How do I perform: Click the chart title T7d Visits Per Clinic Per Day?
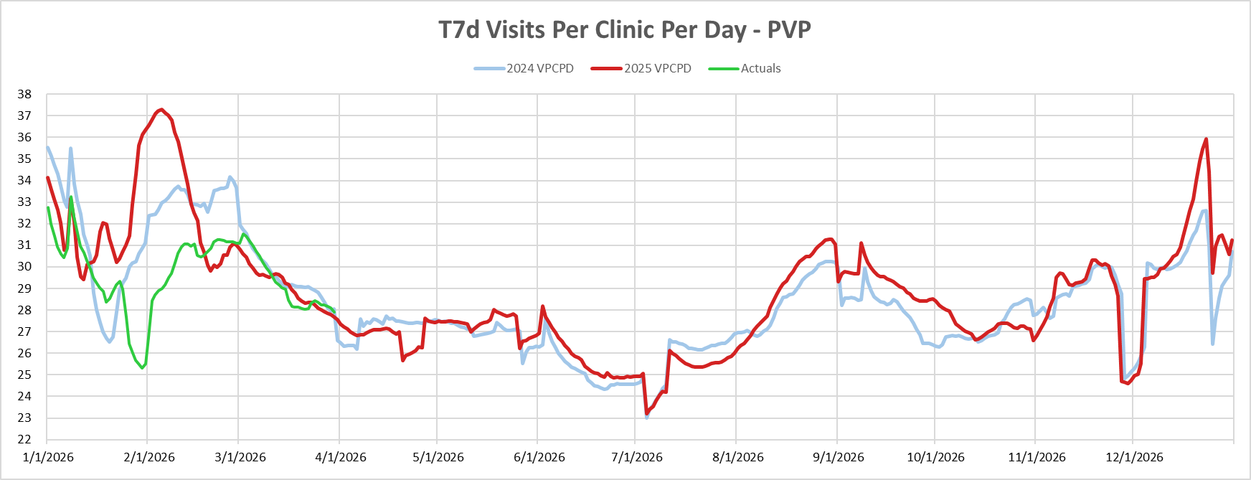pyautogui.click(x=624, y=30)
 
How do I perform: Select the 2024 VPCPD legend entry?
pyautogui.click(x=539, y=68)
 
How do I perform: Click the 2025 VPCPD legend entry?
pyautogui.click(x=657, y=68)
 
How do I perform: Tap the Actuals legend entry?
pyautogui.click(x=760, y=68)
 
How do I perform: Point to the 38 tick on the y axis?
pyautogui.click(x=24, y=94)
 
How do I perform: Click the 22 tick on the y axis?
pyautogui.click(x=24, y=439)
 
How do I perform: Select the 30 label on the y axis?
pyautogui.click(x=24, y=267)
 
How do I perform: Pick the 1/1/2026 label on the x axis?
pyautogui.click(x=48, y=457)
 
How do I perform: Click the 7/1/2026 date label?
pyautogui.click(x=636, y=457)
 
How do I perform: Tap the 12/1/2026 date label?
pyautogui.click(x=1134, y=457)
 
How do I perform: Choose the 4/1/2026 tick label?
pyautogui.click(x=341, y=457)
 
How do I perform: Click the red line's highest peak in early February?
pyautogui.click(x=161, y=110)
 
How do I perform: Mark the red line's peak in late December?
pyautogui.click(x=1207, y=139)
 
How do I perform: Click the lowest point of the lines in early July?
pyautogui.click(x=646, y=416)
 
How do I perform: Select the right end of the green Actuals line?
pyautogui.click(x=335, y=311)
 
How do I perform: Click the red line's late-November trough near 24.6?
pyautogui.click(x=1128, y=383)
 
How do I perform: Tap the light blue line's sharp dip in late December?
pyautogui.click(x=1213, y=344)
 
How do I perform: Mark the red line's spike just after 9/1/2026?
pyautogui.click(x=861, y=243)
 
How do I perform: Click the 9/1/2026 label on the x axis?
pyautogui.click(x=838, y=457)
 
